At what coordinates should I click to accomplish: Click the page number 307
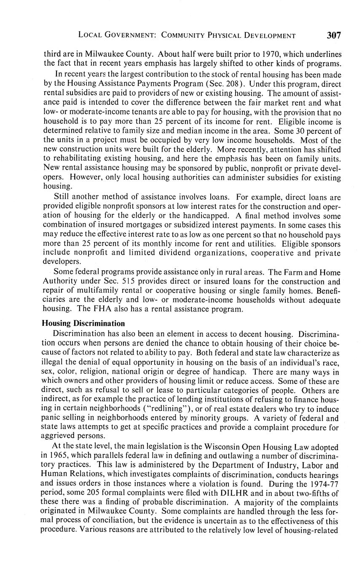[333, 35]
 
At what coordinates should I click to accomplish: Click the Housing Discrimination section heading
[83, 323]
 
